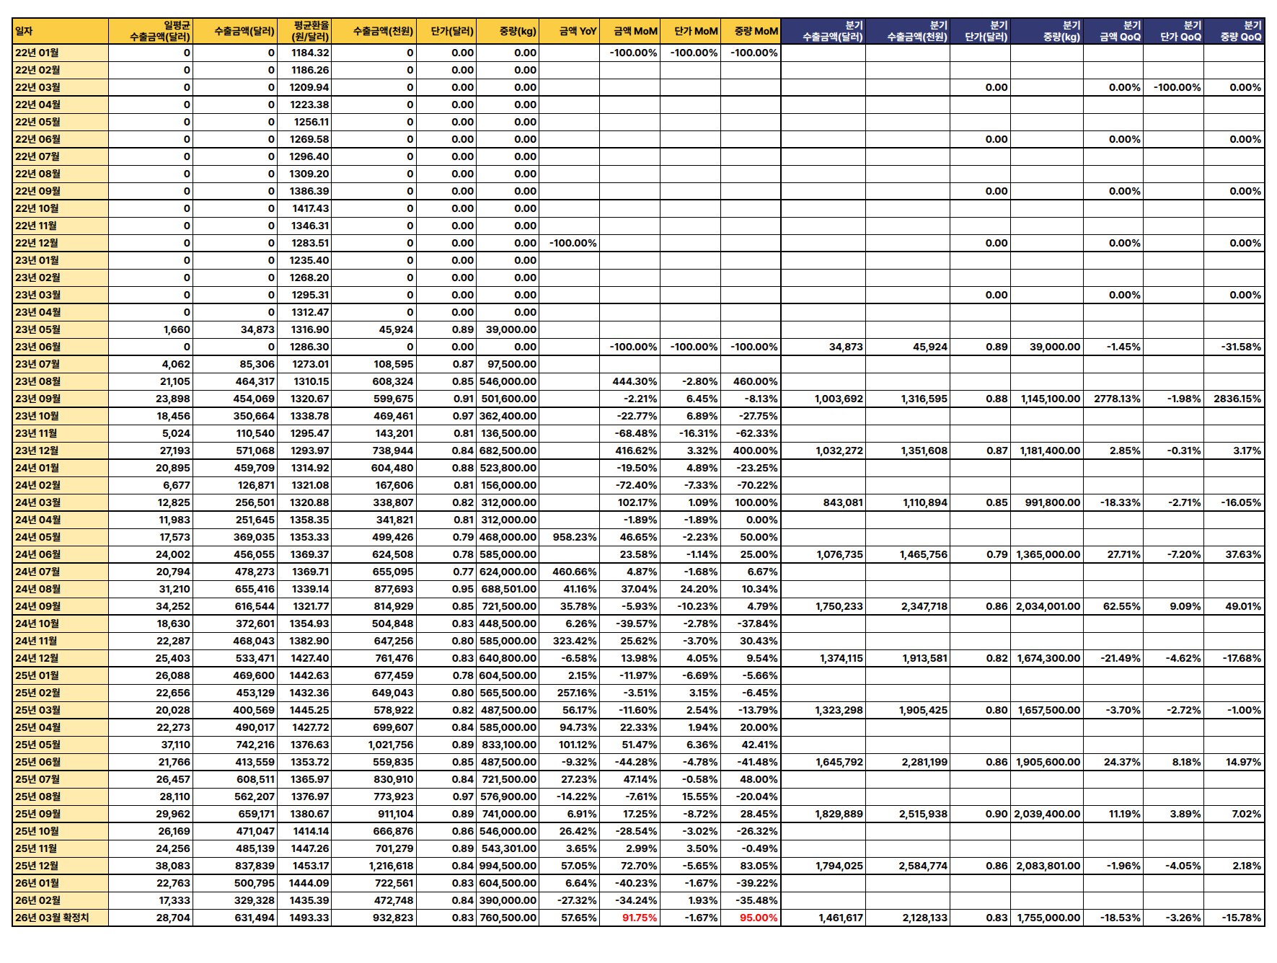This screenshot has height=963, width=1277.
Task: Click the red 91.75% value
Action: [x=640, y=918]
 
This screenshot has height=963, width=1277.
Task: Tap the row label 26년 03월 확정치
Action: [x=52, y=918]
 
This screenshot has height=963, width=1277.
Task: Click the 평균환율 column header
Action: [x=311, y=31]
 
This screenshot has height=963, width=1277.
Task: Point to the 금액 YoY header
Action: [x=578, y=31]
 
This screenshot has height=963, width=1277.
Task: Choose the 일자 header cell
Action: [x=25, y=31]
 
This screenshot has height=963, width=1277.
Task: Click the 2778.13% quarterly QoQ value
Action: [x=1117, y=399]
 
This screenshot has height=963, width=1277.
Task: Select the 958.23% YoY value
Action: [x=575, y=537]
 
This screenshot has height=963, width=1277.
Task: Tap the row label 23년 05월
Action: [x=38, y=329]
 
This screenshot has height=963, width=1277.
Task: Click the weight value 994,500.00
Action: [x=508, y=866]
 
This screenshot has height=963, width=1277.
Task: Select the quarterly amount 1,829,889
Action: [x=839, y=814]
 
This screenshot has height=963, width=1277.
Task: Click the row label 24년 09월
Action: [x=38, y=606]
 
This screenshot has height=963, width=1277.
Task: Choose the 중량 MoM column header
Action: [x=756, y=31]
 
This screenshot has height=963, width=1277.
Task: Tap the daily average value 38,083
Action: [x=173, y=866]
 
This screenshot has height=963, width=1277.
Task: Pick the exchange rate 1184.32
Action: [x=310, y=53]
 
